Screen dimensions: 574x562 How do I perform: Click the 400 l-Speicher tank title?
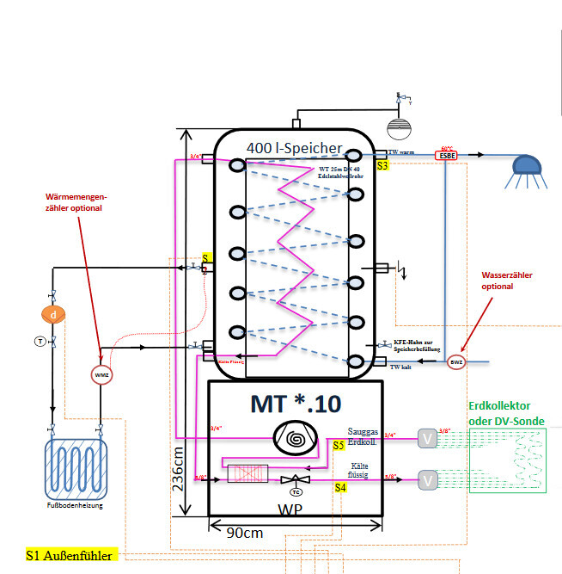tap(294, 148)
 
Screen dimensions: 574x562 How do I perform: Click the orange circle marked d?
tap(53, 316)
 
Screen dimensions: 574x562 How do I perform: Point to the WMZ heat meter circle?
tap(101, 374)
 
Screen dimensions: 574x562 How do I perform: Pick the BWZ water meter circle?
tap(456, 362)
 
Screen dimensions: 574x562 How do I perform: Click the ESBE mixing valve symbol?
tap(446, 156)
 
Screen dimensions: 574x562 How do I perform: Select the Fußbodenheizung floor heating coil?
tap(77, 468)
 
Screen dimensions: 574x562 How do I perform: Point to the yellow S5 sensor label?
tap(339, 446)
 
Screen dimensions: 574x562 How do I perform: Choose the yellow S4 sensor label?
tap(340, 488)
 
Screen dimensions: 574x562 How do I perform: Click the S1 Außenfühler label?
tap(70, 556)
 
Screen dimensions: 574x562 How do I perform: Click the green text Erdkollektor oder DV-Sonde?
tap(507, 413)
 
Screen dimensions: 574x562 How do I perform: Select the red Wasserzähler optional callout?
tap(507, 280)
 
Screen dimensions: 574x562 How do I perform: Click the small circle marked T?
tap(40, 342)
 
